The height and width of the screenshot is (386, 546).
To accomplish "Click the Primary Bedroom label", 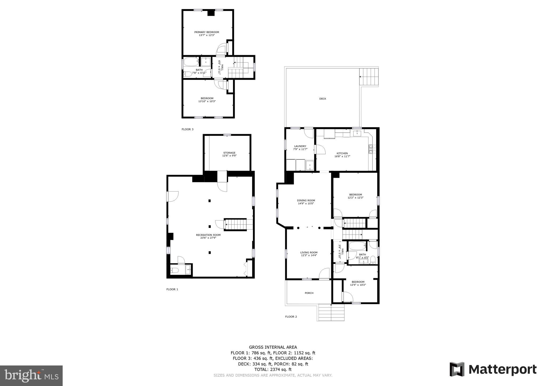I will [207, 32].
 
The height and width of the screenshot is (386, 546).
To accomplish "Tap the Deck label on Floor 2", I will [323, 99].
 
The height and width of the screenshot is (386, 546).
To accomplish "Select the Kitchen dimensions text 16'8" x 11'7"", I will [342, 156].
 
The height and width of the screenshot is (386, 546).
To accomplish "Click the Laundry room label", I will [300, 146].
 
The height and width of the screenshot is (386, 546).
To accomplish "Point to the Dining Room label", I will [306, 200].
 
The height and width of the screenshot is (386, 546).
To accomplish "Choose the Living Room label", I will [309, 252].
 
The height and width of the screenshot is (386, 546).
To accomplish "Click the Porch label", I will [309, 293].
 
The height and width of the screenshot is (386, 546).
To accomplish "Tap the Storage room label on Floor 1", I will [230, 153].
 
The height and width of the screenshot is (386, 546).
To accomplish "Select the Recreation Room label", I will [208, 235].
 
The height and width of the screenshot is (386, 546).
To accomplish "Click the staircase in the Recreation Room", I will [236, 224].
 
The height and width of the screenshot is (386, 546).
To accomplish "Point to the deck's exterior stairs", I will [369, 77].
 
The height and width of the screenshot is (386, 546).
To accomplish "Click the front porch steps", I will [331, 313].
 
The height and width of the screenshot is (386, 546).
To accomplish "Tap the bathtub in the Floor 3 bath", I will [191, 62].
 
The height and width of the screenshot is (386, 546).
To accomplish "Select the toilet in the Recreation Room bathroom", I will [175, 270].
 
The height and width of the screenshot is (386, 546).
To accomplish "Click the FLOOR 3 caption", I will [187, 129].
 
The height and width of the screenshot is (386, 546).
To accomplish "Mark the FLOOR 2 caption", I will [291, 317].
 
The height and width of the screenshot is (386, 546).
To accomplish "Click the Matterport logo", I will [493, 369].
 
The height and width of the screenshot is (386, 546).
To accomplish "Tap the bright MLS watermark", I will [31, 376].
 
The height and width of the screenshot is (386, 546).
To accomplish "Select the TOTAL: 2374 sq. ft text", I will [273, 369].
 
